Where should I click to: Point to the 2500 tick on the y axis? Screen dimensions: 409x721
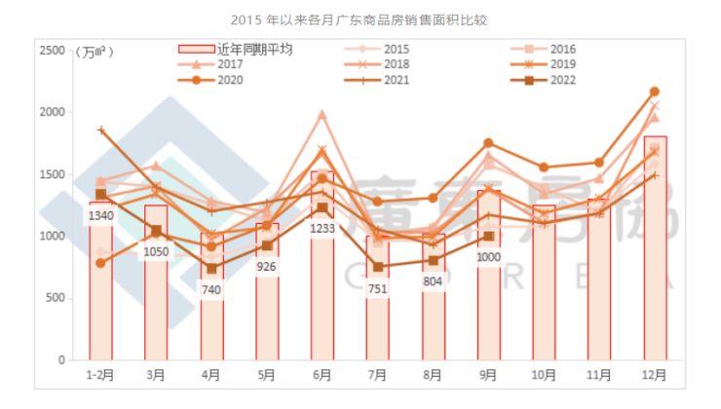50,51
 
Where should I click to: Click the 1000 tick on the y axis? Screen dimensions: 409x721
50,237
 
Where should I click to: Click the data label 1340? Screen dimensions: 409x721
100,216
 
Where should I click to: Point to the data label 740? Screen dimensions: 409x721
211,290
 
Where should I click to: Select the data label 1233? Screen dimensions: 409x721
323,229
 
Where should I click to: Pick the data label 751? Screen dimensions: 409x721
378,288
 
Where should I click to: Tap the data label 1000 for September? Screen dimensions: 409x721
489,258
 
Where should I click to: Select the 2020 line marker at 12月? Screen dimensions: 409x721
655,92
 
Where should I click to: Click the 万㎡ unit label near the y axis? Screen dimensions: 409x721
95,53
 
